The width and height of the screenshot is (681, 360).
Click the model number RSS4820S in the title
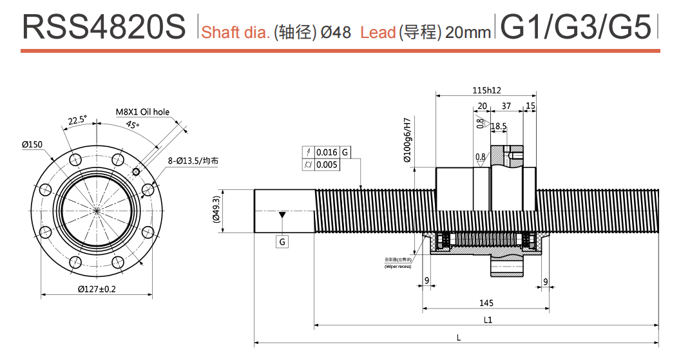coord(103,28)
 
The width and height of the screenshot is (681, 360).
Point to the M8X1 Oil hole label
coord(142,112)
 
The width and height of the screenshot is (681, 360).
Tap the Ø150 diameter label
coord(32,145)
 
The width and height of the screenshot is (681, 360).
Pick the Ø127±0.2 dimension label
coord(97,289)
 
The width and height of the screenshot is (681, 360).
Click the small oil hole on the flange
coord(135,171)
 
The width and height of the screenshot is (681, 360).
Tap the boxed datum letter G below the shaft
coord(282,242)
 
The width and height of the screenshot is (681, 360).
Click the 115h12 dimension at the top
coord(486,90)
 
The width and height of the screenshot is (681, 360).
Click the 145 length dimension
coord(486,303)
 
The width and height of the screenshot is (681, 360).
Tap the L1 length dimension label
coord(488,320)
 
